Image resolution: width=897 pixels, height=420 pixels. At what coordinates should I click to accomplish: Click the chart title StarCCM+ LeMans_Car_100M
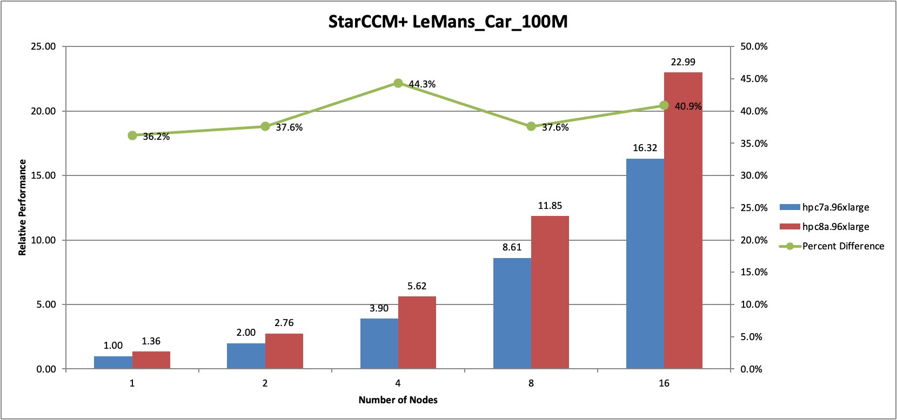click(x=448, y=22)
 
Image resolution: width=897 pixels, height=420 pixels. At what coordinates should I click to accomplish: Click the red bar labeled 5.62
click(x=417, y=333)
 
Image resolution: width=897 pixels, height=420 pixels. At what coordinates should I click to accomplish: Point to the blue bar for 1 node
click(x=113, y=362)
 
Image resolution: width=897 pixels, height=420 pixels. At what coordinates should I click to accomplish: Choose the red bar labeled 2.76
click(x=284, y=351)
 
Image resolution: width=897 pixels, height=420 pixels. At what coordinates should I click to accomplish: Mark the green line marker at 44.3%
click(x=398, y=83)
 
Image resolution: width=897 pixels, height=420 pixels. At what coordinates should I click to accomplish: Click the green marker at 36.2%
click(x=132, y=136)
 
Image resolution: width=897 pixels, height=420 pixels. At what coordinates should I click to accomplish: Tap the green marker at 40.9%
click(x=664, y=106)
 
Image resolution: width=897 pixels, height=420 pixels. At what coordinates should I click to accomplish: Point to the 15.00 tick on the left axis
click(x=43, y=175)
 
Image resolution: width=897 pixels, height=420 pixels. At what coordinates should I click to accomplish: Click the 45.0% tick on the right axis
click(x=754, y=79)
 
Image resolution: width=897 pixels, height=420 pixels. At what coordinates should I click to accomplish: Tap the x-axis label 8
click(x=531, y=383)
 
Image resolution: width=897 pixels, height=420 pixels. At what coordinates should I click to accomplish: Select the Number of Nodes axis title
click(x=398, y=400)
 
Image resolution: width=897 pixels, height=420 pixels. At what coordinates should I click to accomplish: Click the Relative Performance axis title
click(x=22, y=207)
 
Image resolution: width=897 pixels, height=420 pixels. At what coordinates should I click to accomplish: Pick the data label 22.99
click(x=683, y=62)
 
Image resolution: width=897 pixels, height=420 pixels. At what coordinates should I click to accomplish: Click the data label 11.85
click(x=550, y=206)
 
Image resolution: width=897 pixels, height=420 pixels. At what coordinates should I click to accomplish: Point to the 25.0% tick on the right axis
click(x=754, y=208)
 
